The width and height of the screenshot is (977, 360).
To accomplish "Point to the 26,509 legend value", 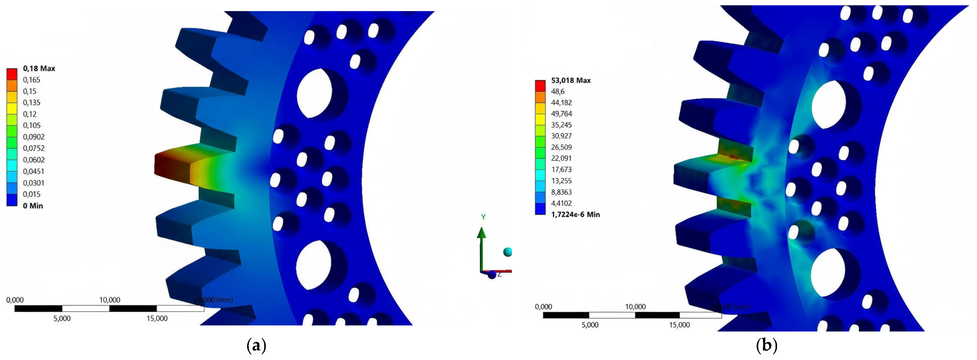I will [561, 147].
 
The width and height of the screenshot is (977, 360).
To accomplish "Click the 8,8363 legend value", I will [561, 192].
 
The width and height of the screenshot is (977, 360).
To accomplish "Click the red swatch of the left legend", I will [12, 74].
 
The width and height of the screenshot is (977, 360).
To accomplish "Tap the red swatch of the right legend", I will [540, 86].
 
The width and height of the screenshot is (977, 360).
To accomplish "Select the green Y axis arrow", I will [481, 246].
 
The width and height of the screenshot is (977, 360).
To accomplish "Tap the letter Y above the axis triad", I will [483, 217].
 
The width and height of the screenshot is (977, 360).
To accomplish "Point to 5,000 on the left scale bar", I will [62, 319].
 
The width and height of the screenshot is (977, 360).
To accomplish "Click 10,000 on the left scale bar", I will [110, 300].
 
